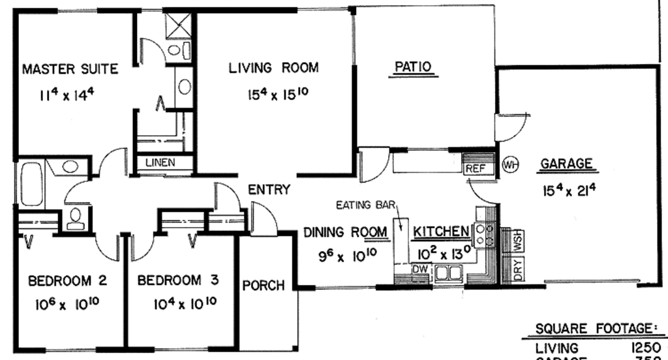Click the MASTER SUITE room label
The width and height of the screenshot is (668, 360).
point(70,68)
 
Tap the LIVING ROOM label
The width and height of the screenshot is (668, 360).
point(273,67)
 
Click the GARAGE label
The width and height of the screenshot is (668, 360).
point(566,164)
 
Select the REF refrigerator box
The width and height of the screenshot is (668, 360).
point(475,168)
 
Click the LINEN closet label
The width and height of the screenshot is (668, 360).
point(160,162)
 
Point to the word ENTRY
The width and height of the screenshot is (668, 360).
point(269,190)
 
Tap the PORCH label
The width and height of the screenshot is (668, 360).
point(264,285)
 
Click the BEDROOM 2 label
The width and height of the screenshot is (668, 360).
point(67,281)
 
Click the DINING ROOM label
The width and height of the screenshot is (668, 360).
point(346,232)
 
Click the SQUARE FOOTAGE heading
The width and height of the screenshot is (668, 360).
point(597,328)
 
